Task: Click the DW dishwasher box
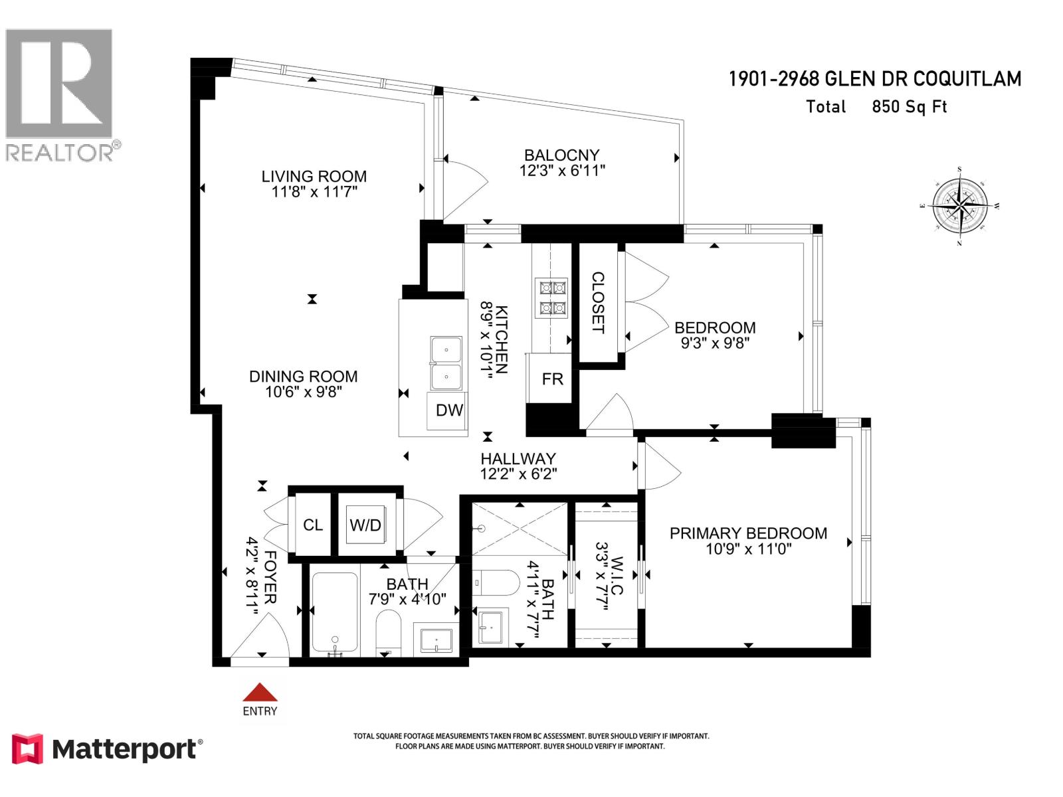(449, 410)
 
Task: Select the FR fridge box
(551, 379)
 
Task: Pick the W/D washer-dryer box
(365, 525)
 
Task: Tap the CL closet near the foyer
(312, 525)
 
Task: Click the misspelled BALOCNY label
(561, 155)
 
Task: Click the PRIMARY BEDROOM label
(748, 533)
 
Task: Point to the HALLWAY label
(518, 458)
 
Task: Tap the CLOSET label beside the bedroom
(598, 302)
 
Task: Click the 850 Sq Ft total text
(909, 106)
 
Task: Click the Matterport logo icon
(27, 749)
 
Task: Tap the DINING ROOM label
(303, 377)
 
